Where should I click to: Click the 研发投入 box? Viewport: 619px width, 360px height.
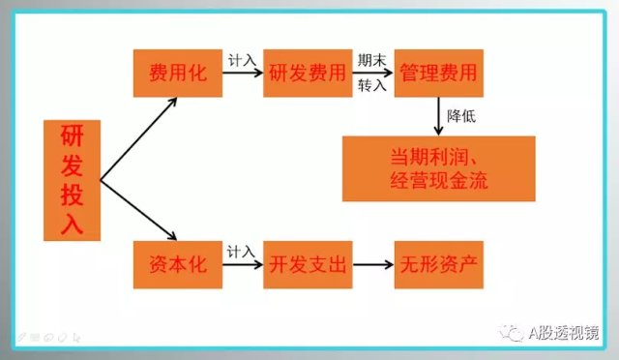(x=72, y=181)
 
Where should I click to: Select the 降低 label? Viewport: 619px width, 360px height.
(x=460, y=116)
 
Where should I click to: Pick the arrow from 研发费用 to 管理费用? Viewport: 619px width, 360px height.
(x=372, y=74)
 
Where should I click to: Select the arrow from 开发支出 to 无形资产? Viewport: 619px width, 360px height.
(x=372, y=264)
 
